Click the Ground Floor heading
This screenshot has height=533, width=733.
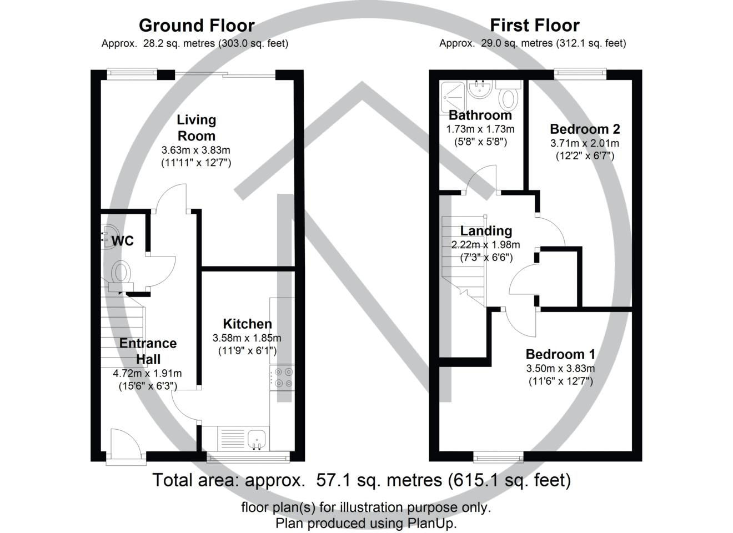coord(197,26)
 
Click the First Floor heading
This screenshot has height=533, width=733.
coord(534,26)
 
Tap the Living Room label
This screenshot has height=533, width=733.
coord(196,128)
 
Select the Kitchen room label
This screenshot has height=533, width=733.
coord(247,324)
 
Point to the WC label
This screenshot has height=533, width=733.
coord(123,241)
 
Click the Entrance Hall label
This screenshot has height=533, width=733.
coord(148,351)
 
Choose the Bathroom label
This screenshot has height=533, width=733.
coord(480,115)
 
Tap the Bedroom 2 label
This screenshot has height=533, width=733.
coord(585,129)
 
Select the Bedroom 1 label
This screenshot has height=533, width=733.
coord(560,354)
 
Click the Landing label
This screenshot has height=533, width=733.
coord(486,231)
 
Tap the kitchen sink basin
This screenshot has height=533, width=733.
coord(258,439)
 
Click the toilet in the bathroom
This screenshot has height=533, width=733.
coord(508,98)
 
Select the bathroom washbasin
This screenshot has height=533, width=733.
coord(478,89)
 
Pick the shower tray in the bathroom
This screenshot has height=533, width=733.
coord(453,91)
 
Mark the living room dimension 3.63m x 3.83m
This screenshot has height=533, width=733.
coord(195,150)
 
